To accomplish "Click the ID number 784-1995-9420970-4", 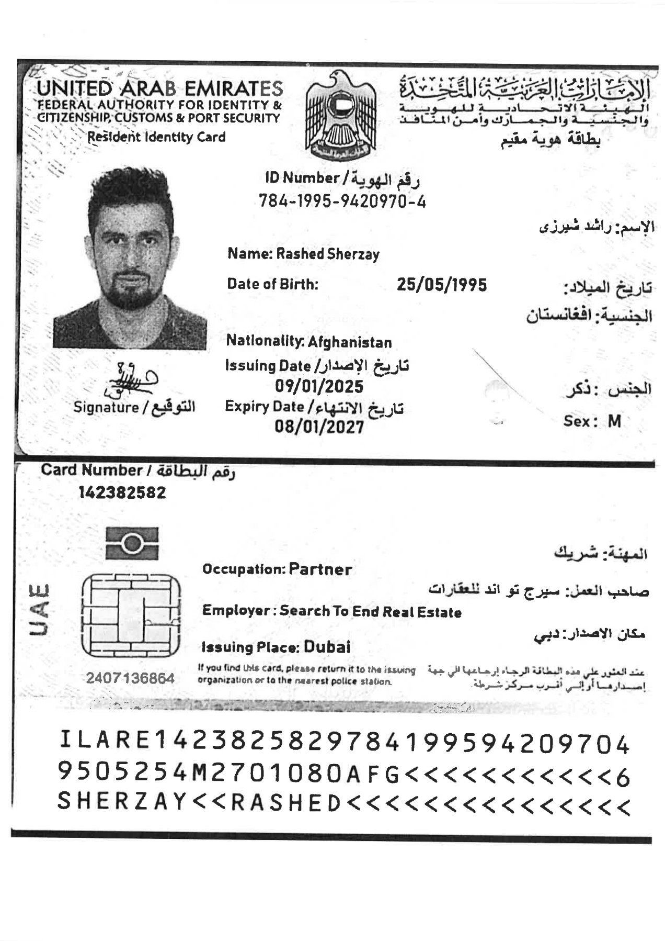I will pos(342,201).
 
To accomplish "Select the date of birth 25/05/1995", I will pos(442,285).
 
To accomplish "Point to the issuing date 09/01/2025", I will pos(319,386).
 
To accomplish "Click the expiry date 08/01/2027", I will pos(319,427).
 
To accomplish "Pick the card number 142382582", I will pos(122,492).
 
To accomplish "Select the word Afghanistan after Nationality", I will pos(350,343).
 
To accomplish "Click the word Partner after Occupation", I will pos(320,569).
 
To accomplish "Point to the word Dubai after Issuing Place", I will pos(327,647).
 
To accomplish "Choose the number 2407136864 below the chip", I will pos(130,678).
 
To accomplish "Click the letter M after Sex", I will pos(614,421).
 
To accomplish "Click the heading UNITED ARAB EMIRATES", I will pos(159,88).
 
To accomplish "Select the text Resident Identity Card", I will pos(156,137).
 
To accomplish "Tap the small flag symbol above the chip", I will pos(132,543).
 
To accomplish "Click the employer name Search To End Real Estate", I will pos(371,612).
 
